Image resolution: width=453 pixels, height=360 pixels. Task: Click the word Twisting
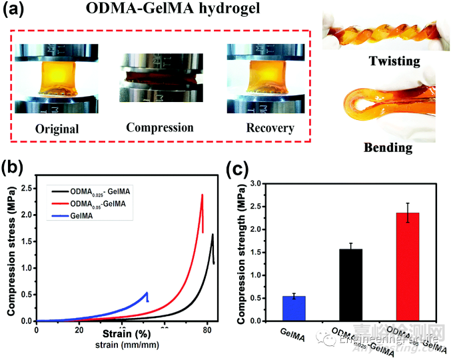click(x=388, y=61)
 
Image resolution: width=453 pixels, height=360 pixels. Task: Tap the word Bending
click(x=388, y=147)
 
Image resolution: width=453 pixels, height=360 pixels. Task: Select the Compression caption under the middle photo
click(x=160, y=127)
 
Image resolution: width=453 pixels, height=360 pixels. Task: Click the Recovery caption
click(x=261, y=127)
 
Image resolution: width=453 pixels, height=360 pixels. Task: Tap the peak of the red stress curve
click(x=202, y=195)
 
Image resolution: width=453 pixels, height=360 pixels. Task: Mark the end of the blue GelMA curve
click(x=147, y=293)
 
